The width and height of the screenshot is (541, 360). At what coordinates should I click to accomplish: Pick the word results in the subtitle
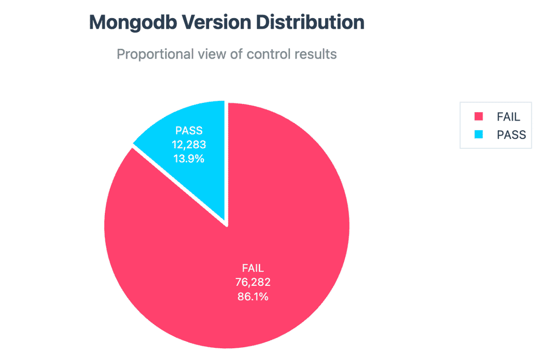(315, 54)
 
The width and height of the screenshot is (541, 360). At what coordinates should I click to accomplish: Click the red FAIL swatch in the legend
(478, 117)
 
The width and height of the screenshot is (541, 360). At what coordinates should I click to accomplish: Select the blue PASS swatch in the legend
(478, 135)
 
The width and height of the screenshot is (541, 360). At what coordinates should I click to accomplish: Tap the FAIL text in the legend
(508, 117)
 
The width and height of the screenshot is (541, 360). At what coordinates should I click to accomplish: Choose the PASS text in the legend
(511, 135)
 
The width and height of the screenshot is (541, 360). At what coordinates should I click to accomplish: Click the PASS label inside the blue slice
(188, 131)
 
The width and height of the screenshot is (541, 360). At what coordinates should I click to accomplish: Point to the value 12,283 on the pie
(188, 144)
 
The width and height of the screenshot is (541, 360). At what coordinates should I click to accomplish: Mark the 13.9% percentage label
(188, 158)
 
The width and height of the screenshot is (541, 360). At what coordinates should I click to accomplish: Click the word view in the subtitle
(211, 54)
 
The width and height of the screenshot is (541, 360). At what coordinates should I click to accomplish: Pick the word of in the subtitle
(236, 54)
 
